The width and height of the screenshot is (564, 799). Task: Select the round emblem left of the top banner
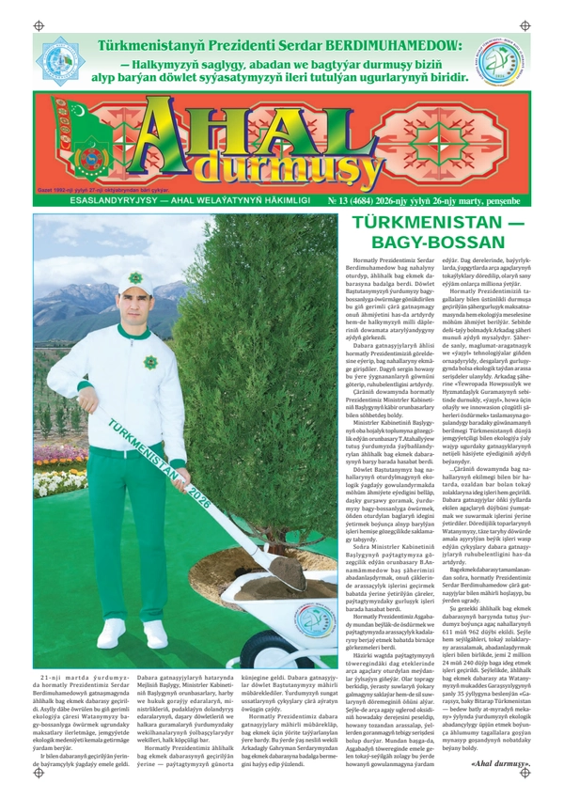pos(63,61)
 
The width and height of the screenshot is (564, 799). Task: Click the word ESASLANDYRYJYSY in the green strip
pos(103,201)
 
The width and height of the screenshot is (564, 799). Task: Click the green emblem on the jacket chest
pos(150,363)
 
